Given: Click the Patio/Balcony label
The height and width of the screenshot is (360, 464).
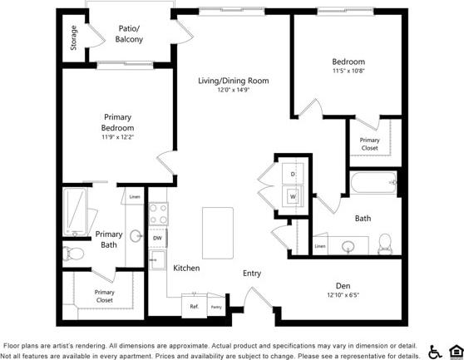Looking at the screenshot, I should (129, 34).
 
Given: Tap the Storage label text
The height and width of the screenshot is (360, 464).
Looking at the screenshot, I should (73, 38).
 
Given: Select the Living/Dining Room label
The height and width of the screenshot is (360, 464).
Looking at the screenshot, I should (234, 81).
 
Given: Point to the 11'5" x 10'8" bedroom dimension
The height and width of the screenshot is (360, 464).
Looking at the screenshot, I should (348, 72).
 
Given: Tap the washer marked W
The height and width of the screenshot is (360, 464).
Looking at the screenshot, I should (293, 196).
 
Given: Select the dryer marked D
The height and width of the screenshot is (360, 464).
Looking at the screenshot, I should (293, 174).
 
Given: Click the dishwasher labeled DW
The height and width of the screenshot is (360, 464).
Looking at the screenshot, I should (156, 238).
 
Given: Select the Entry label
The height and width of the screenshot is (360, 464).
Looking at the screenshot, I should (252, 274).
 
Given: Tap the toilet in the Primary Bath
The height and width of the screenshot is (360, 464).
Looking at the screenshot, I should (75, 252).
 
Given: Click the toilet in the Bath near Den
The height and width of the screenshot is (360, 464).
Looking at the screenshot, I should (385, 243).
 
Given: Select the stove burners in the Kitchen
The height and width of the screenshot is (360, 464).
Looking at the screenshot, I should (157, 215).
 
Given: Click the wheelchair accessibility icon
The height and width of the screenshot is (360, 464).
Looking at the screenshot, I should (435, 350).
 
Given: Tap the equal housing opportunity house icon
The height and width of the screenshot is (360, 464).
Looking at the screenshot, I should (455, 350).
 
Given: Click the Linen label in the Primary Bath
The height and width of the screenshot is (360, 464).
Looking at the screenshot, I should (134, 198).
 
